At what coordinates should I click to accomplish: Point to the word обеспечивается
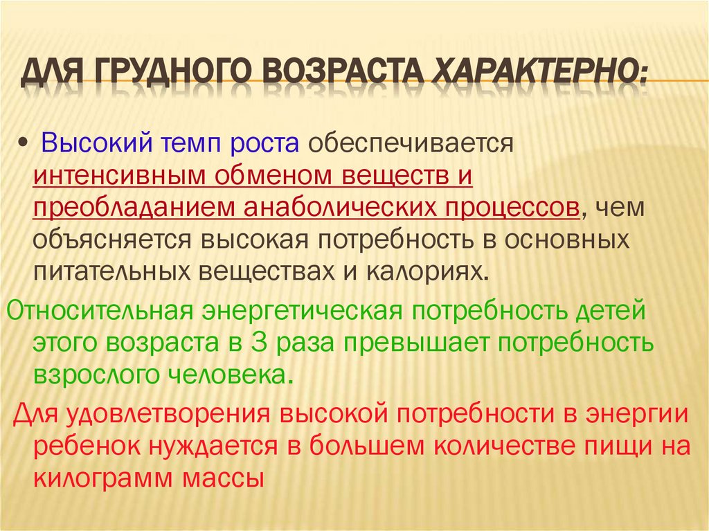[409, 143]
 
